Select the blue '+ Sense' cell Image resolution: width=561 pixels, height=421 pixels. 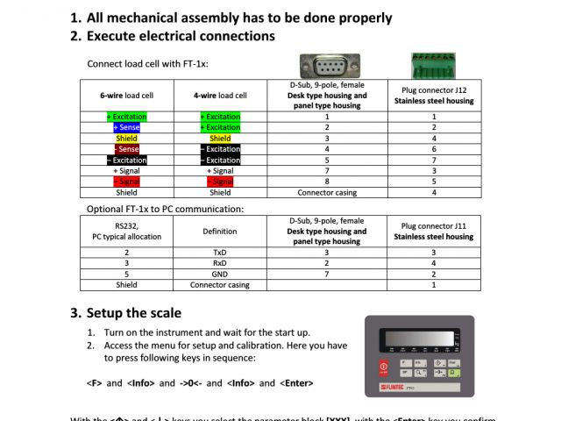coord(126,127)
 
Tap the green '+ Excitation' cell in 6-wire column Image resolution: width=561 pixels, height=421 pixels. coord(126,116)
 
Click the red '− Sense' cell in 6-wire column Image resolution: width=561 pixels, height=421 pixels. coord(126,149)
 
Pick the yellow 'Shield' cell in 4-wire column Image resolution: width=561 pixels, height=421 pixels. coord(220,139)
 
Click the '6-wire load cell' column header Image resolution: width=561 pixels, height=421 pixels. coord(126,96)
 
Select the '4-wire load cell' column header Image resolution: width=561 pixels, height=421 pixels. coord(220,96)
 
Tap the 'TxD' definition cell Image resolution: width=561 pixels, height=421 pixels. coord(220,252)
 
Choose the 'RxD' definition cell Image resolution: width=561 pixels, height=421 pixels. coord(220,262)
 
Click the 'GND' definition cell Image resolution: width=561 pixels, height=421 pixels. coord(220,274)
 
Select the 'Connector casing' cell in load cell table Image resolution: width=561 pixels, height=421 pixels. coord(327,192)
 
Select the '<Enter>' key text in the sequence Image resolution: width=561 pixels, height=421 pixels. coord(296,383)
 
